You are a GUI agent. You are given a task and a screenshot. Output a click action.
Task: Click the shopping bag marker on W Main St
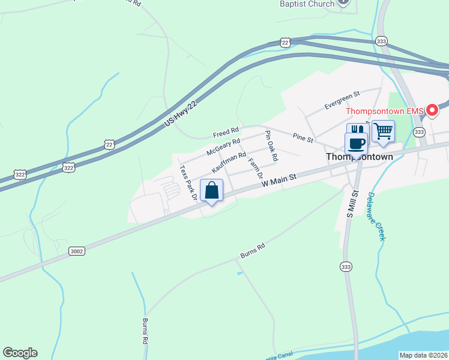pos(211,191)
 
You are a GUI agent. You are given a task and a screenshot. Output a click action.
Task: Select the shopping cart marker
pos(382,130)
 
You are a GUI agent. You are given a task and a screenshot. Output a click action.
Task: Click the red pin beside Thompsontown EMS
pos(432,111)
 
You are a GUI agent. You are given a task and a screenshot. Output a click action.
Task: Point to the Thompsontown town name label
pos(359,157)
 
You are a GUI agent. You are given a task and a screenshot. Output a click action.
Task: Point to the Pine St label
pos(303,139)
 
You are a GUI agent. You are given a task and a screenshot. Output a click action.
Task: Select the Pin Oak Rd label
pos(272,146)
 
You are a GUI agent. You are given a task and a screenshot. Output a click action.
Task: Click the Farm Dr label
pos(255,168)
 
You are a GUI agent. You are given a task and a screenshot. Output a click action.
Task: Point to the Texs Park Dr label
pos(188,182)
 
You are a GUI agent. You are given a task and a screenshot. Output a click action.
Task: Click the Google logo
pos(20,353)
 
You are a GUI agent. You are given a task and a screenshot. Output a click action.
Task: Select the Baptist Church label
pos(307,4)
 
